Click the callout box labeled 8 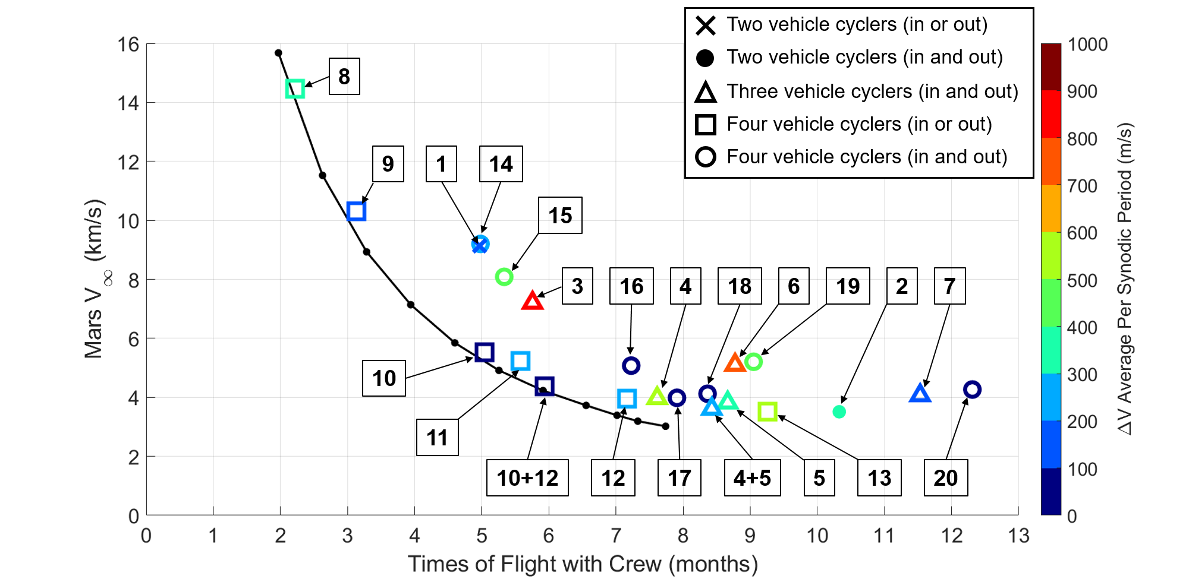[x=344, y=76]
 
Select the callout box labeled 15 [x=560, y=215]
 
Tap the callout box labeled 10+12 [x=527, y=477]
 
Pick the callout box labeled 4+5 [x=752, y=477]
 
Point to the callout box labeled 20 [x=945, y=477]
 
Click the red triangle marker [x=533, y=301]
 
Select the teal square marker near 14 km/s [x=295, y=89]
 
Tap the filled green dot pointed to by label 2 [x=839, y=412]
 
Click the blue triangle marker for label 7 [x=920, y=394]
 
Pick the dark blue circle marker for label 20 [x=971, y=390]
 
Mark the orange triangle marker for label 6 [x=735, y=362]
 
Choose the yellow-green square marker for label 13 [x=767, y=411]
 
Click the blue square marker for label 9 [x=356, y=211]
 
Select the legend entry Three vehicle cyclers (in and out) [x=872, y=91]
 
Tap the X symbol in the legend [x=706, y=25]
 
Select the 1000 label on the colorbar [x=1087, y=44]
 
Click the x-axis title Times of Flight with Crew [x=583, y=564]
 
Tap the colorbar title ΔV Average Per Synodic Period [x=1125, y=279]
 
